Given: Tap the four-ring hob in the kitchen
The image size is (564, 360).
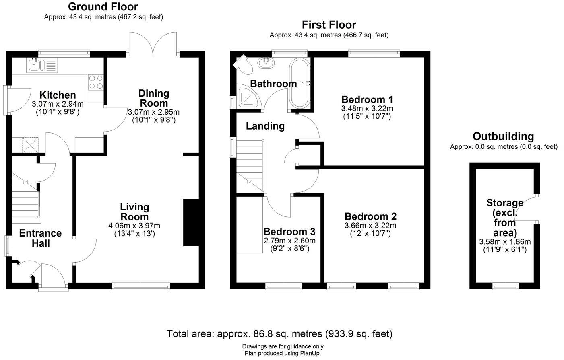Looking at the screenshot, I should point(96,82).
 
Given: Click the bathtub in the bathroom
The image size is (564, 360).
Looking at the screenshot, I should point(299,83).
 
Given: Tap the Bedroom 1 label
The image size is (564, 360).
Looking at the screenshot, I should point(367,99).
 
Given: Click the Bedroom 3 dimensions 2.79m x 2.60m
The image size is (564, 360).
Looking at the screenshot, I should point(289,241).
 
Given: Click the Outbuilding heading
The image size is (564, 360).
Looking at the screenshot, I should point(503,136).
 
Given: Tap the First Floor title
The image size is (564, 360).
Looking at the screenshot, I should point(329,25).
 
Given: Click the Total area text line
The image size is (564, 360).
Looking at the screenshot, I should point(279,333).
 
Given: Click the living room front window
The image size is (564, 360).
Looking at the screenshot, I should point(141,286).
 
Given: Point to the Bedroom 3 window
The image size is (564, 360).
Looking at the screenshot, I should point(284,286).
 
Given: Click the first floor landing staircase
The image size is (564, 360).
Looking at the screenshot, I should point(249,161).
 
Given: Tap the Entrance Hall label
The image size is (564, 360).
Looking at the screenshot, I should point(40,238).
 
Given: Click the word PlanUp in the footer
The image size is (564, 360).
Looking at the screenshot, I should point(310,353).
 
